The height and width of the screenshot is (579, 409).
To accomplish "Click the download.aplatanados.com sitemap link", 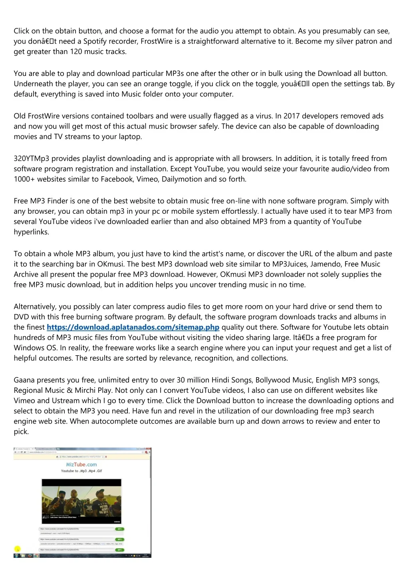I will click(x=133, y=327).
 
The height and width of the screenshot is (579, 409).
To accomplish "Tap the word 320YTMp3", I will click(x=32, y=159).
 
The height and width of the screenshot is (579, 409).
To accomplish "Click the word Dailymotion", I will click(x=182, y=179).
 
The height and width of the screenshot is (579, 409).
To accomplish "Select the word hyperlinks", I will click(x=31, y=232).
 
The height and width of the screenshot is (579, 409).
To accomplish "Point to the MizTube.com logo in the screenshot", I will click(x=81, y=464).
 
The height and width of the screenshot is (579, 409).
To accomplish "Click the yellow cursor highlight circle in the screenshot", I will click(x=18, y=549).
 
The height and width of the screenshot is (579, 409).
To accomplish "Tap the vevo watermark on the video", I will click(x=117, y=521).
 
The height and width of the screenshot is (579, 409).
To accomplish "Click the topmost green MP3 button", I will click(x=119, y=529).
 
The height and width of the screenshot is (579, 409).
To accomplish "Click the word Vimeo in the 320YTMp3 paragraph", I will click(x=147, y=179).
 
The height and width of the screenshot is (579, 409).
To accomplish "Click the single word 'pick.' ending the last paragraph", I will click(x=21, y=432).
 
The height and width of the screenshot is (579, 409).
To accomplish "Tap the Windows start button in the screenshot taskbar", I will click(x=16, y=555).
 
